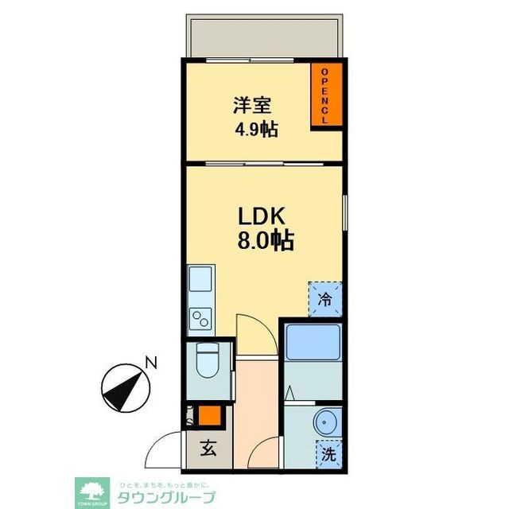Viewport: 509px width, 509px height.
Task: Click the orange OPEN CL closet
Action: (325, 95)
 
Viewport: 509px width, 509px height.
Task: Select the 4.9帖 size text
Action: (254, 130)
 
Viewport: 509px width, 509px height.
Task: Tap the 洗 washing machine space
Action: (328, 455)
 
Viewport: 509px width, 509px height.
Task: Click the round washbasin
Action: (327, 422)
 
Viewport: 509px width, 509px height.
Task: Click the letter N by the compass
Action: (150, 364)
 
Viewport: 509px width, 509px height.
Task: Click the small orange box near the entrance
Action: (208, 415)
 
